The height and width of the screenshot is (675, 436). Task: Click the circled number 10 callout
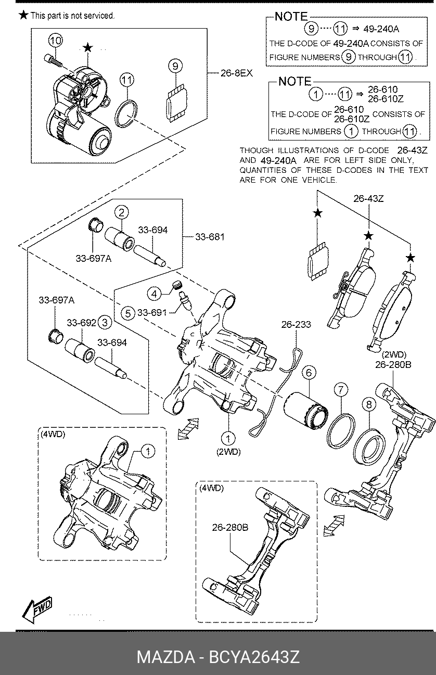(x=56, y=41)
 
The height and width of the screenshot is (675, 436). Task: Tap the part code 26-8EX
(x=237, y=73)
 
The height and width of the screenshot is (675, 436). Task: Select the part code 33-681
(x=210, y=237)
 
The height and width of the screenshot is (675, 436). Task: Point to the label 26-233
(x=296, y=325)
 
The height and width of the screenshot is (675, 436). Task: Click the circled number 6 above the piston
(x=309, y=373)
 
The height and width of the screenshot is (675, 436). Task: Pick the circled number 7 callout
(x=341, y=390)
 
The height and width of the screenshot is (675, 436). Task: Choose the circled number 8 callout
(x=369, y=404)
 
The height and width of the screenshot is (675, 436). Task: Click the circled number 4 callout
(x=155, y=294)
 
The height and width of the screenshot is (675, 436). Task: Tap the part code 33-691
(x=152, y=313)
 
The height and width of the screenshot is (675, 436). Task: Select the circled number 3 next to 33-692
(x=105, y=323)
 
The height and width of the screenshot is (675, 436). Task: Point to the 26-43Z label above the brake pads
(x=368, y=199)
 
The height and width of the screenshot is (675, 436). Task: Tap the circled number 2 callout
(x=121, y=212)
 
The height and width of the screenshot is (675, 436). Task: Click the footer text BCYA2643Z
(x=254, y=657)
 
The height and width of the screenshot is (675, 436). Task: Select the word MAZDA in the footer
(x=166, y=657)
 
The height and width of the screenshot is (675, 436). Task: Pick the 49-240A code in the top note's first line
(x=381, y=29)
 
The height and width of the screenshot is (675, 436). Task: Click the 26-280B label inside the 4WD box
(x=230, y=527)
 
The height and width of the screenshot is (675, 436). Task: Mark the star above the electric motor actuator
(x=88, y=47)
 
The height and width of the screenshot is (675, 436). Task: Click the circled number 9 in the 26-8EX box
(x=175, y=66)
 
